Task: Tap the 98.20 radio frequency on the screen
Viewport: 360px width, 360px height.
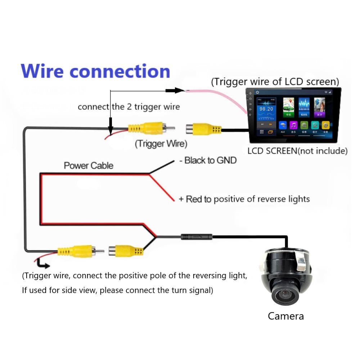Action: [x=267, y=109]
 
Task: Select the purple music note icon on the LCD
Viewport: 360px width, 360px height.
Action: [x=293, y=125]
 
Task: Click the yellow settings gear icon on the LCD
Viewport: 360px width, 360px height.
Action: [x=326, y=125]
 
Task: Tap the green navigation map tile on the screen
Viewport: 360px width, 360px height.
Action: [x=288, y=107]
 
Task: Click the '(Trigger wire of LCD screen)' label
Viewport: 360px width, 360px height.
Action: [x=275, y=82]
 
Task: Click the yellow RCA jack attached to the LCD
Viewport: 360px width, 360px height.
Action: [x=203, y=129]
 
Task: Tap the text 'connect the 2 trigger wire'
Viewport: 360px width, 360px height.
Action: [x=129, y=107]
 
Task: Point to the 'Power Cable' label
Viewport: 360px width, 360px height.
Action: [x=89, y=166]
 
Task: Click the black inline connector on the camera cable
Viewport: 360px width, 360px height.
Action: [x=197, y=237]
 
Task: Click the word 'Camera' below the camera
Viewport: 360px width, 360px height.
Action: [x=286, y=316]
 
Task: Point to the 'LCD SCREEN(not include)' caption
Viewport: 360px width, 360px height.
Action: [x=297, y=150]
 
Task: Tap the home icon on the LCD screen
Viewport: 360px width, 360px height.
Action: [x=258, y=93]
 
